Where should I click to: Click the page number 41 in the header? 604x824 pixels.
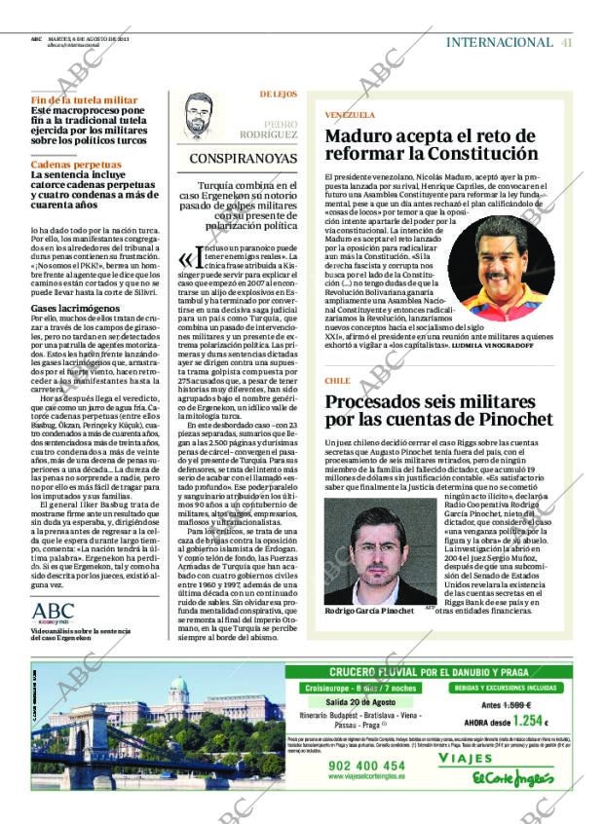tap(566, 42)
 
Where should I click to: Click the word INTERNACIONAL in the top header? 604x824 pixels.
tap(499, 42)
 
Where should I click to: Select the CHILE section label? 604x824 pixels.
tap(337, 381)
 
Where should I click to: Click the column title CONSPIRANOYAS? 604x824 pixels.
tap(244, 157)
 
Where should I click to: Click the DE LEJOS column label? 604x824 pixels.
tap(279, 94)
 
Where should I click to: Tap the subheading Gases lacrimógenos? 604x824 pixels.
tap(72, 307)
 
